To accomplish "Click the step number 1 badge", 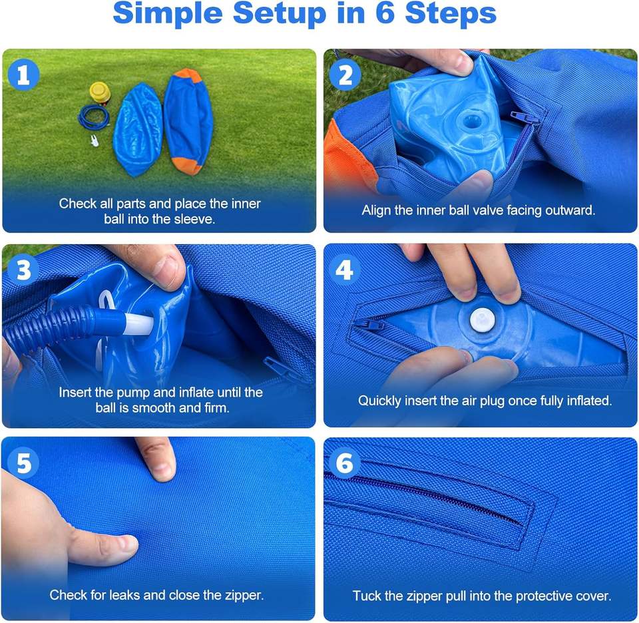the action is [23, 75].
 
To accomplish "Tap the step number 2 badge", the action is [345, 75].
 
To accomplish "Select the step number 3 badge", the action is [23, 270].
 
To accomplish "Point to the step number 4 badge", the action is [344, 270].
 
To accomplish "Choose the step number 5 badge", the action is [24, 463].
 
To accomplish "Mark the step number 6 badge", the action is [345, 463].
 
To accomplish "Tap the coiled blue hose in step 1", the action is [94, 117].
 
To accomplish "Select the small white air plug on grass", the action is [95, 141].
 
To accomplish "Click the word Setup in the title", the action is [279, 13].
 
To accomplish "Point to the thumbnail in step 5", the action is [124, 544].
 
